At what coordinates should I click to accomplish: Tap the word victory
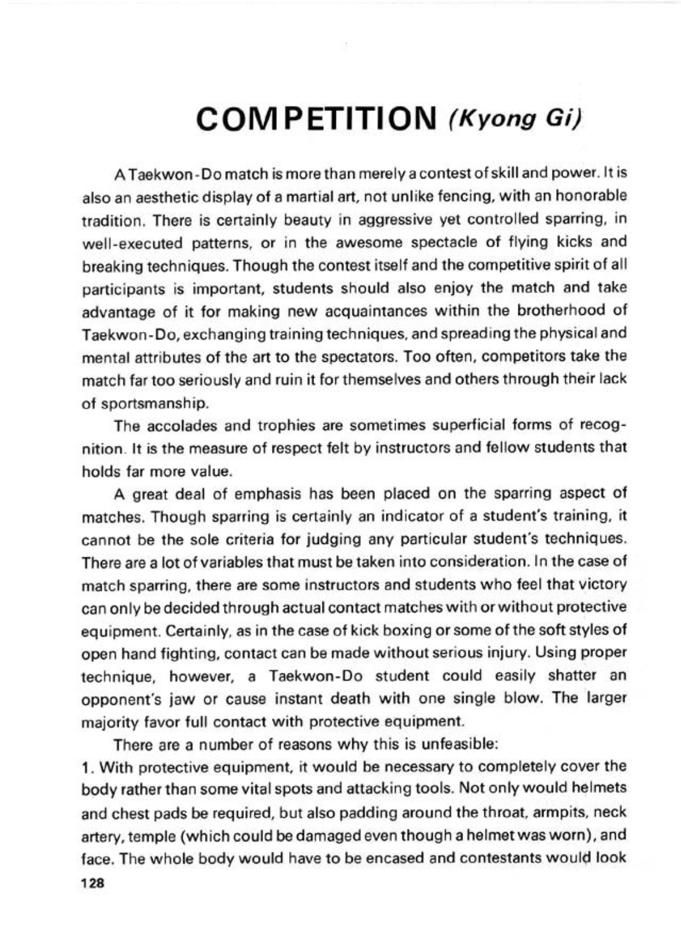599,584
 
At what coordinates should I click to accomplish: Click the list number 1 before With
85,766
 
